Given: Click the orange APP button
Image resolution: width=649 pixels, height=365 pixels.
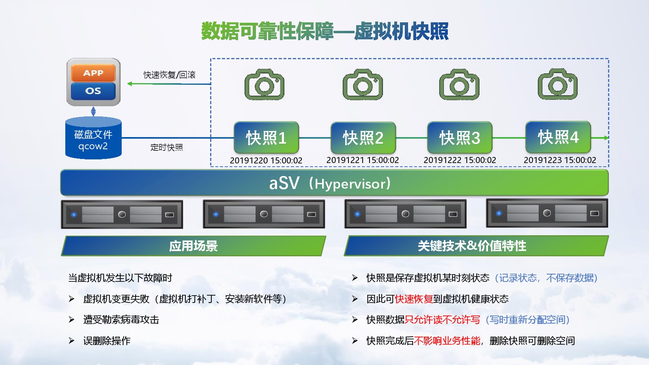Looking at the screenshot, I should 93,73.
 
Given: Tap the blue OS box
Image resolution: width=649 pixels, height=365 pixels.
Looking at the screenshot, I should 93,91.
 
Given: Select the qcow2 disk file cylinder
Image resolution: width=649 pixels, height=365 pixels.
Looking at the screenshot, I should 93,139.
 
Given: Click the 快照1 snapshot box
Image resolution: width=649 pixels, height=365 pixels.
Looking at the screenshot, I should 266,137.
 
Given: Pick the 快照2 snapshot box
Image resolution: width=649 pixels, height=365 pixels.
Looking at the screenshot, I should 363,137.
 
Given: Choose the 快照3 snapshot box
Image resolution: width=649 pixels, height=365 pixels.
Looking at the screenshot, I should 460,137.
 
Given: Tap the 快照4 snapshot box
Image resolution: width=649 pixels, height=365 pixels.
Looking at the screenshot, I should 558,137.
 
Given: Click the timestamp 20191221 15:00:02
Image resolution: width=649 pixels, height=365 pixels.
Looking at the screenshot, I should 363,160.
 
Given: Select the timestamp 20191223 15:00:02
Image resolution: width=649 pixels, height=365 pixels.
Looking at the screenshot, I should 560,160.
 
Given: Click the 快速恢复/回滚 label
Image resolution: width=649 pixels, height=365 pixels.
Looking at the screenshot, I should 169,75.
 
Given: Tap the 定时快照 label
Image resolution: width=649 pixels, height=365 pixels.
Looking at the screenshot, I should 167,147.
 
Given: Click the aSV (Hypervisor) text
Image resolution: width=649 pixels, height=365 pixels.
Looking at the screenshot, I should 330,183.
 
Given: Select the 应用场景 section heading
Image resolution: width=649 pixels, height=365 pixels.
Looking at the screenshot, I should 193,246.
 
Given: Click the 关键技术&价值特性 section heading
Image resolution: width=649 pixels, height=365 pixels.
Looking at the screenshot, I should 472,246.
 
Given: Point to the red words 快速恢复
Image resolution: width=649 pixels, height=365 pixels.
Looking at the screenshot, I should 414,299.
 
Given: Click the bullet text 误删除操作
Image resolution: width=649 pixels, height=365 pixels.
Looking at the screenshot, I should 107,341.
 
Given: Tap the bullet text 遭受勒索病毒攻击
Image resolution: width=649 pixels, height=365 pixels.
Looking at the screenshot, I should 121,320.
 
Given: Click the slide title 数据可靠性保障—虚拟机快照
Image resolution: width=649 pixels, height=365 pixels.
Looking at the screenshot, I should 324,31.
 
